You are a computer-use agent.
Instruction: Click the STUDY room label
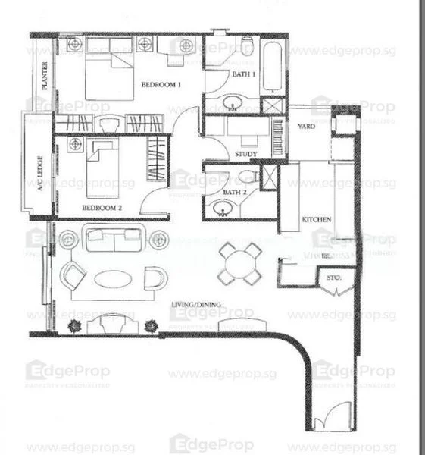tap(245, 154)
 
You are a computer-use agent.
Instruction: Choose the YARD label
tap(306, 126)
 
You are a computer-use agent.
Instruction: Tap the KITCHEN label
tap(317, 219)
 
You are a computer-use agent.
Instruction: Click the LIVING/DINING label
tap(196, 305)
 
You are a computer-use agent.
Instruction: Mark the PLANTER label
tap(45, 76)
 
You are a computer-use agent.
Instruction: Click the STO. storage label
tap(335, 278)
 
